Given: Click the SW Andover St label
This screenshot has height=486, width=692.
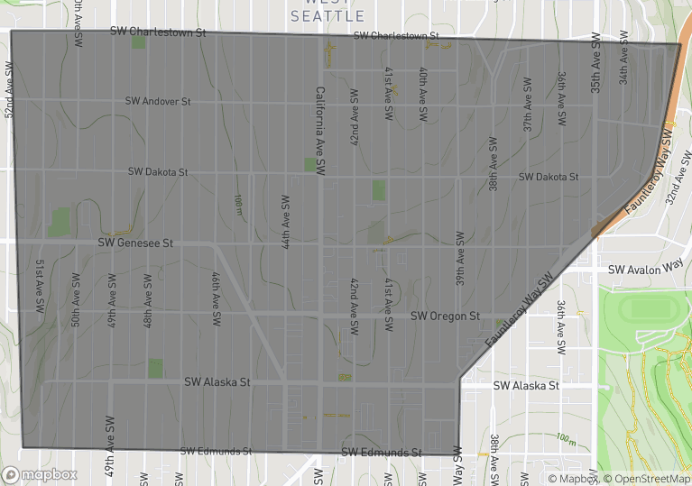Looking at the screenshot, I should click(x=158, y=102).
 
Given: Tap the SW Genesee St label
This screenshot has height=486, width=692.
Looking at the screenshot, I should click(x=135, y=243).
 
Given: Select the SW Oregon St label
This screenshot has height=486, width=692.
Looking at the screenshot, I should click(x=445, y=316).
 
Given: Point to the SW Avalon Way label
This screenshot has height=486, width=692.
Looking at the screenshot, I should click(x=645, y=269).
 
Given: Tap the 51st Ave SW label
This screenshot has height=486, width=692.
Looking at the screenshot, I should click(x=41, y=287).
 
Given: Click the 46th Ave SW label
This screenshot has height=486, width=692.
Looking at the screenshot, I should click(x=217, y=299).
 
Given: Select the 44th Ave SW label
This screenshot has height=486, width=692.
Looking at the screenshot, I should click(x=285, y=221).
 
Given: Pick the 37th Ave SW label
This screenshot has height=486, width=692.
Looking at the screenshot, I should click(x=528, y=111).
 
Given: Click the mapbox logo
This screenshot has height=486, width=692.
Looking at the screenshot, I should click(x=40, y=474).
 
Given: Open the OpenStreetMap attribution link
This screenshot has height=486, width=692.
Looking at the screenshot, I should click(x=644, y=479).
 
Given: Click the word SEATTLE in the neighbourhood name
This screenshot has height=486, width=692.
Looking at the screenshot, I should click(x=328, y=16).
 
